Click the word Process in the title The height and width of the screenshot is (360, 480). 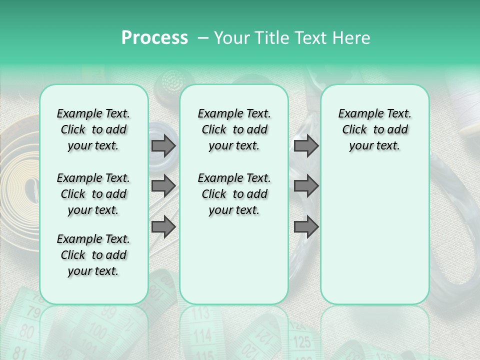[154, 38]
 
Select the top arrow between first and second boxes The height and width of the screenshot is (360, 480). [163, 145]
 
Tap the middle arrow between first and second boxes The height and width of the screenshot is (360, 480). [163, 186]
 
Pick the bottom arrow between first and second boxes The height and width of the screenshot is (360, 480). [163, 227]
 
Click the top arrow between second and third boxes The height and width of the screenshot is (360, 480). [306, 145]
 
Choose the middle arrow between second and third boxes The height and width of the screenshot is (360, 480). [306, 186]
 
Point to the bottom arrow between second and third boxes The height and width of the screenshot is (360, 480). [306, 227]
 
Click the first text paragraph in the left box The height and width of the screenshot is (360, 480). [93, 129]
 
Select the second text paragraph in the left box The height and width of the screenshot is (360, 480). [93, 194]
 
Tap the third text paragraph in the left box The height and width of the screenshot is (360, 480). [93, 255]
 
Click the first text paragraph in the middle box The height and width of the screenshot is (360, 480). [234, 129]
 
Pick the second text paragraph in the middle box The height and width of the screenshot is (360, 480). [234, 194]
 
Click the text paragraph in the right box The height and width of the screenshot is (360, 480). [374, 129]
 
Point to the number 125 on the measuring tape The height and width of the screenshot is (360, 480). [302, 342]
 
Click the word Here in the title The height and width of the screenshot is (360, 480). [352, 38]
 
